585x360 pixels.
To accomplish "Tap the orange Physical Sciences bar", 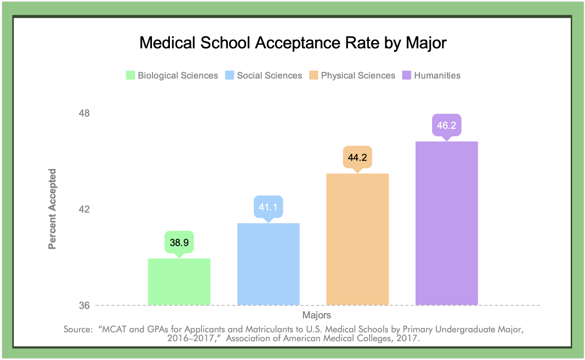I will pyautogui.click(x=357, y=239).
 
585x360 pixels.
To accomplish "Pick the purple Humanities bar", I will pyautogui.click(x=446, y=223).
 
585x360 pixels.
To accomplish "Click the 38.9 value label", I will pyautogui.click(x=179, y=242).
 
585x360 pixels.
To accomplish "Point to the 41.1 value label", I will pyautogui.click(x=268, y=207).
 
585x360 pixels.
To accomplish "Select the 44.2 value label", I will pyautogui.click(x=357, y=157).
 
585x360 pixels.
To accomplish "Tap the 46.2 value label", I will pyautogui.click(x=446, y=125).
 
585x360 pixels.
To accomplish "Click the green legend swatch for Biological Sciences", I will pyautogui.click(x=130, y=75).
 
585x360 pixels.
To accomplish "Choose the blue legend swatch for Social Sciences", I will pyautogui.click(x=230, y=75).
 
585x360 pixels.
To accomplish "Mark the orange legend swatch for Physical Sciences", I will pyautogui.click(x=314, y=75).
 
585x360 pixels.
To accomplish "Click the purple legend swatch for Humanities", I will pyautogui.click(x=407, y=75).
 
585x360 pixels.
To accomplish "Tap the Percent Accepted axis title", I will pyautogui.click(x=52, y=209).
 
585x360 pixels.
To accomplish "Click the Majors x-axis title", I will pyautogui.click(x=316, y=315).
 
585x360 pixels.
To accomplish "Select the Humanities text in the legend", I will pyautogui.click(x=437, y=75).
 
